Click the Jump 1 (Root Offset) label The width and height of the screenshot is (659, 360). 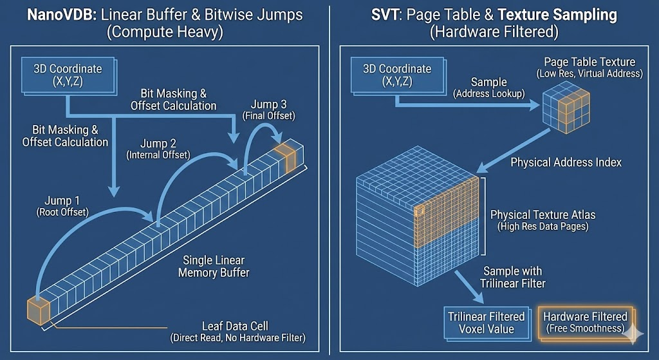64,207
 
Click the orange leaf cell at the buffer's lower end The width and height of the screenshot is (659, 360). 37,311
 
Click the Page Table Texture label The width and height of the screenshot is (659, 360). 589,68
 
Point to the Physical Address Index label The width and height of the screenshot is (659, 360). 566,162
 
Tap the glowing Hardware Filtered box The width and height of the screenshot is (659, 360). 584,322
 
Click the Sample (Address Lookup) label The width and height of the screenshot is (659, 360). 489,88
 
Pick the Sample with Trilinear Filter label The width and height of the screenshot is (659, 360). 513,277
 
